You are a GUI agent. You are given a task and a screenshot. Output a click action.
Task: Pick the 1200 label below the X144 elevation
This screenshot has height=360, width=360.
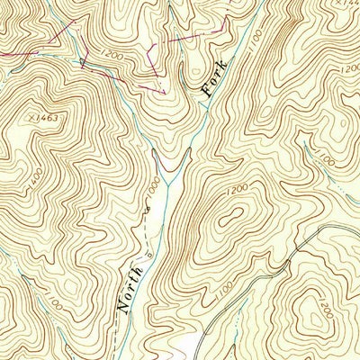348,67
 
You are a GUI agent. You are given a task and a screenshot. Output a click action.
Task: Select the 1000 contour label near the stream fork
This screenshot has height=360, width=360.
155,188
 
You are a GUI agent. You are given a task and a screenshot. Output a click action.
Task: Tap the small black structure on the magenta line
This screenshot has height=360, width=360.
82,61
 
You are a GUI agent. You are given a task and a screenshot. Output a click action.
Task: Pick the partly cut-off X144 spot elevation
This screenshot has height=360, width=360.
343,4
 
